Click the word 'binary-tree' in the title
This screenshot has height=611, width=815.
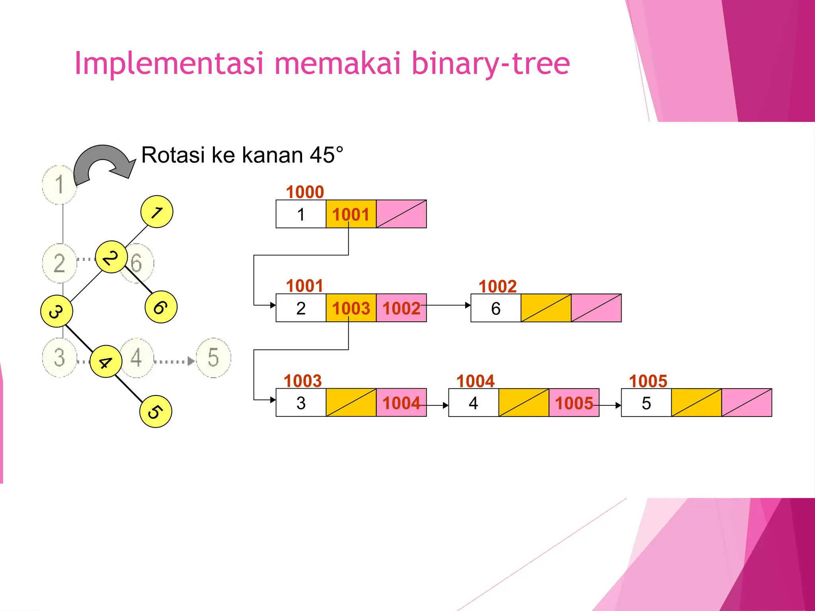[490, 64]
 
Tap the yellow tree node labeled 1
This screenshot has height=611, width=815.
[157, 212]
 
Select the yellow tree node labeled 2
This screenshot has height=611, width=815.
[111, 257]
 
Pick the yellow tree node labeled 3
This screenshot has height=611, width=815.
[57, 311]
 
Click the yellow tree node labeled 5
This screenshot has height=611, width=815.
[156, 411]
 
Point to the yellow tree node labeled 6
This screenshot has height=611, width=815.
[161, 307]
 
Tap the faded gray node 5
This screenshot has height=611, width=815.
[213, 357]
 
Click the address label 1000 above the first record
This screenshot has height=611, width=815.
[305, 192]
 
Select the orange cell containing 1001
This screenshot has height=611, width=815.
[351, 214]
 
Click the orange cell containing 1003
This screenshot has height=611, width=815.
[351, 308]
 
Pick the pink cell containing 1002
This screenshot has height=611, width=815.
[401, 308]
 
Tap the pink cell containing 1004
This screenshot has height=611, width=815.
[401, 403]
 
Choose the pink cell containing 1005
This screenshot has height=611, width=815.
[574, 403]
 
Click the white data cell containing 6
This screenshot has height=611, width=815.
[496, 308]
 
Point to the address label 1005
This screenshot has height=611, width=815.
[648, 381]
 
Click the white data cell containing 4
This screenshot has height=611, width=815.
[474, 403]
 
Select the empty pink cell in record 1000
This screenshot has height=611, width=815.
[401, 214]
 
